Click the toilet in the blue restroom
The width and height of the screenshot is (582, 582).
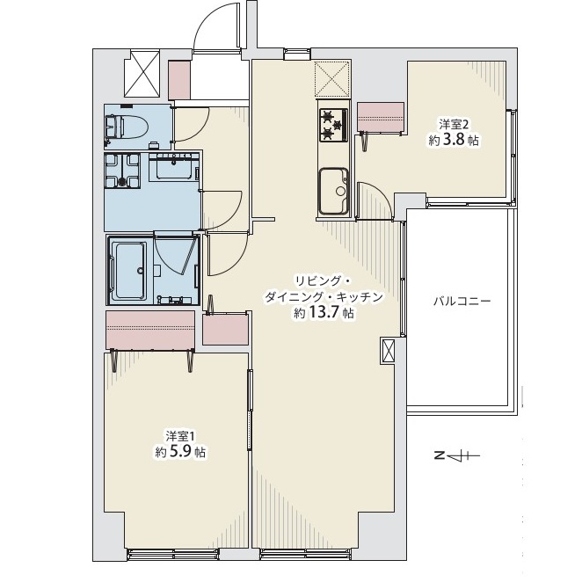click(127, 127)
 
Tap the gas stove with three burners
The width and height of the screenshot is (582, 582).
click(334, 125)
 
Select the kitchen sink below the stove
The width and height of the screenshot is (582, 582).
click(334, 192)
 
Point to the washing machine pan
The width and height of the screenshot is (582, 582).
click(122, 171)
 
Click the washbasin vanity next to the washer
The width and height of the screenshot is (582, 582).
click(174, 167)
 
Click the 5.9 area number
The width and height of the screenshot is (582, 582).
click(181, 451)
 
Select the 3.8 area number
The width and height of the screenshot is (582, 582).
click(455, 140)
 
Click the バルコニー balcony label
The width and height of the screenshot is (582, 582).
click(462, 301)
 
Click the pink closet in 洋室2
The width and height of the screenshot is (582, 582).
click(381, 117)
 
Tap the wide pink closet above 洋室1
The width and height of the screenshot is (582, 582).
click(150, 330)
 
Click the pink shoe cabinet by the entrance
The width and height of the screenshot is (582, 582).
click(179, 80)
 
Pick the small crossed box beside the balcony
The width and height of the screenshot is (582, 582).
click(389, 351)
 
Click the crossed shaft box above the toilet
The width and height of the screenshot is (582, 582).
click(142, 74)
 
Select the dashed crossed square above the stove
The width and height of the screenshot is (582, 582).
click(332, 79)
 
